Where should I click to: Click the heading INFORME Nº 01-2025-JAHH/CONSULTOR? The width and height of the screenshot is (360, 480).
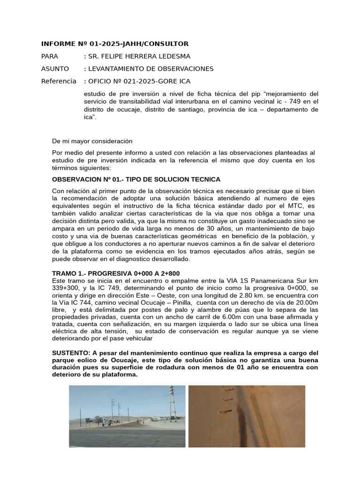pos(115,44)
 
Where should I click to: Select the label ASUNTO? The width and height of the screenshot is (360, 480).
pos(55,69)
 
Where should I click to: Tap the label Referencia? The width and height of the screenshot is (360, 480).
pos(59,81)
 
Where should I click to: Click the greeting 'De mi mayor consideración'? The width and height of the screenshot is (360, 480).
pos(92,141)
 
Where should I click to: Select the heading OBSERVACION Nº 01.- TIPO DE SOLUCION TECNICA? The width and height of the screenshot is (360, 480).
pos(136,180)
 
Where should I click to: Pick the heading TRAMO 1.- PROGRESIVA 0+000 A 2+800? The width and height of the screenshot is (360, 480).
pos(116,273)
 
